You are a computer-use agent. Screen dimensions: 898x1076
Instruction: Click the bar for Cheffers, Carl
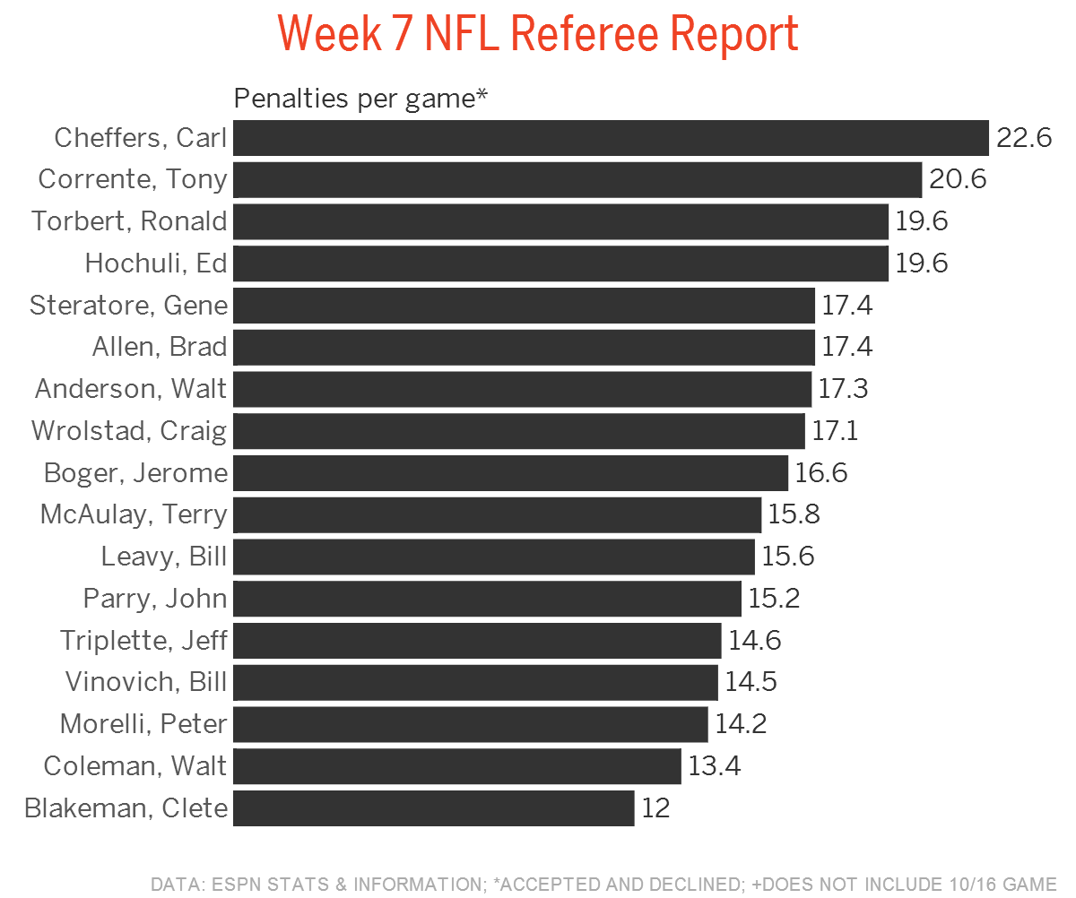(x=610, y=138)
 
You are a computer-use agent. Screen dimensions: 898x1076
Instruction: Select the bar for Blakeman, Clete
(x=433, y=808)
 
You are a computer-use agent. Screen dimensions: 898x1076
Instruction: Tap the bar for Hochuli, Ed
(x=560, y=263)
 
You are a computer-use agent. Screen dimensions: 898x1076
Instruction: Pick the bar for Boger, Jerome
(x=510, y=472)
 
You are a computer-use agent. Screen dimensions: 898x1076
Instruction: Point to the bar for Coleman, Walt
(x=456, y=766)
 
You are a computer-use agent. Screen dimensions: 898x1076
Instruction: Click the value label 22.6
(x=1024, y=138)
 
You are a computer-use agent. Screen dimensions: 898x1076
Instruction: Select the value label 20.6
(x=958, y=179)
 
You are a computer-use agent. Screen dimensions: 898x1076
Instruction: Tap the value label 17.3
(x=843, y=389)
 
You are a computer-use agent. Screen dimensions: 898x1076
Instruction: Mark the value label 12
(x=655, y=808)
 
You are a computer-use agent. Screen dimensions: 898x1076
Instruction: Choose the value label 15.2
(x=774, y=598)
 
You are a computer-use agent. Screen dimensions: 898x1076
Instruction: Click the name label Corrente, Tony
(x=133, y=179)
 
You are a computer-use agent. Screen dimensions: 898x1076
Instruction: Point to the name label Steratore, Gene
(x=128, y=306)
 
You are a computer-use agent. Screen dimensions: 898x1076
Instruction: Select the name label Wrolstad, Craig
(x=129, y=431)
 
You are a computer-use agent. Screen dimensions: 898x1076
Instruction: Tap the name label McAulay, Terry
(x=134, y=514)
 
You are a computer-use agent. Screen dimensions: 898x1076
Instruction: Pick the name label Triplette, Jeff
(x=143, y=641)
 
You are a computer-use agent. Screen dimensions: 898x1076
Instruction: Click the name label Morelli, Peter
(x=143, y=723)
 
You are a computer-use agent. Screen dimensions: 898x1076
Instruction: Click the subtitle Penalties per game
(x=360, y=98)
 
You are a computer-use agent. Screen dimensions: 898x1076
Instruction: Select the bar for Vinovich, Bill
(x=475, y=682)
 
